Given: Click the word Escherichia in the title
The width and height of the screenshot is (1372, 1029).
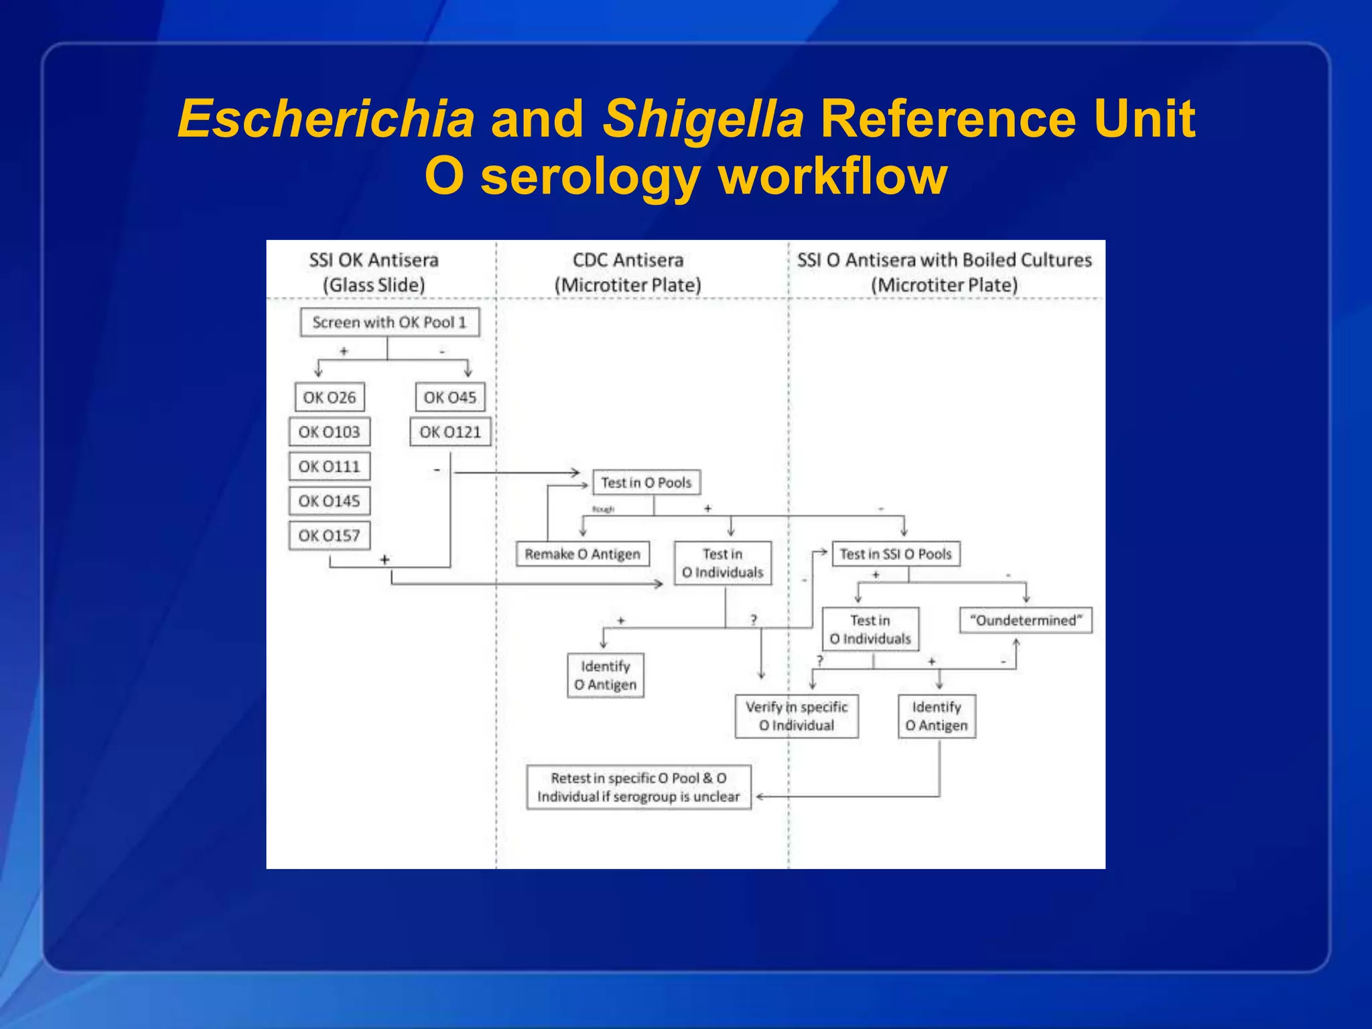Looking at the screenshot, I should (326, 119).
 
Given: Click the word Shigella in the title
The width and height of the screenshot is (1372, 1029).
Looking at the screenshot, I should (703, 119).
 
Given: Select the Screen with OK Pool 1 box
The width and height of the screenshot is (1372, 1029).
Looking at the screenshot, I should (389, 322).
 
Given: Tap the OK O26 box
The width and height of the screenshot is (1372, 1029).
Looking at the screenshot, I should (330, 397).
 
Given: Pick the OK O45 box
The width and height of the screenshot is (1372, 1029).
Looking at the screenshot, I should (450, 397).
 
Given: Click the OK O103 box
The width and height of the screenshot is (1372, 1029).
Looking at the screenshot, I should (329, 432).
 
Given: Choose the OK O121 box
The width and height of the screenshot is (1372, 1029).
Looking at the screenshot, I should (450, 432).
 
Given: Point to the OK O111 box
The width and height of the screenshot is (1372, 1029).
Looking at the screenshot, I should (329, 466).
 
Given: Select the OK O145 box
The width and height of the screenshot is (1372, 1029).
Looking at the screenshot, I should (329, 501).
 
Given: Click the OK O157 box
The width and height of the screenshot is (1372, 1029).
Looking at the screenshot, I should (329, 536).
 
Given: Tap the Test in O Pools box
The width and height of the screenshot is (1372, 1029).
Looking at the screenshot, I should (646, 482).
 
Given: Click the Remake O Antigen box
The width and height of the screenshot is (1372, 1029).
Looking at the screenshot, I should (582, 554).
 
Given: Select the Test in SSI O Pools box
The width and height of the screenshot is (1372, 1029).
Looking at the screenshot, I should (896, 554).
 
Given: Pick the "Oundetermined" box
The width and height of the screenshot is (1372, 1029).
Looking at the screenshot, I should (1026, 620).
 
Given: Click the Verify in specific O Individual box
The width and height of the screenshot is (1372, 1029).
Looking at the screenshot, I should (797, 716).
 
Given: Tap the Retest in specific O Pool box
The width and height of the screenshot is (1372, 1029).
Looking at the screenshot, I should (638, 787).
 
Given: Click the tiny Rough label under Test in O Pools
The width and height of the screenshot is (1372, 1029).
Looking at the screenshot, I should (603, 509).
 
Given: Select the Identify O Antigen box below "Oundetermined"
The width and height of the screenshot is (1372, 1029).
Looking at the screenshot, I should (937, 716).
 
